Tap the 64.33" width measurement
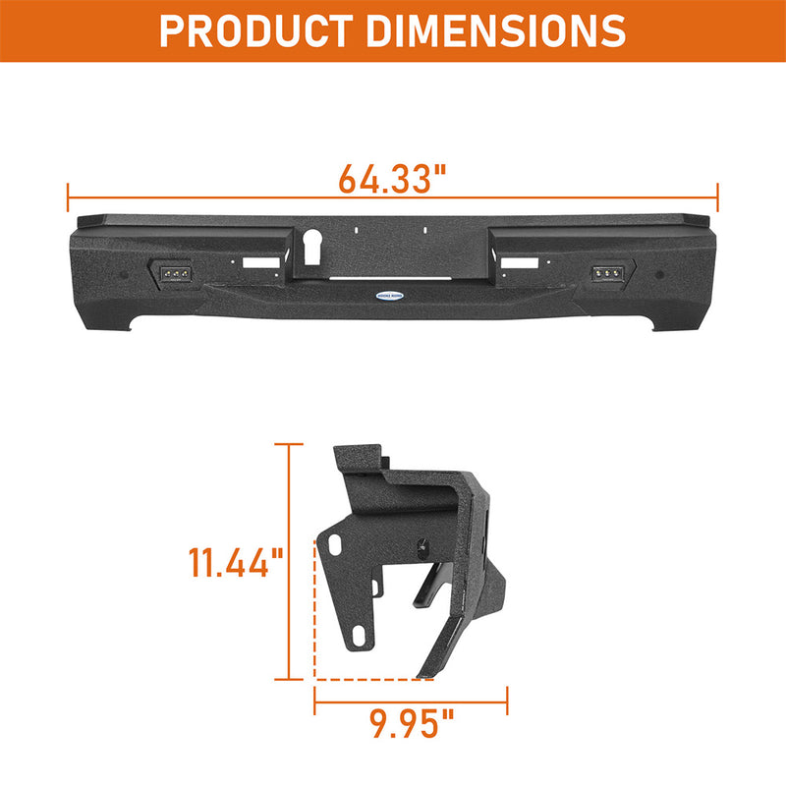pos(392,179)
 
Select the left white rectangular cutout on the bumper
pos(260,263)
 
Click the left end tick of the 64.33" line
pos(68,196)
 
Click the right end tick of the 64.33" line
pos(718,196)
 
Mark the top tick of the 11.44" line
pos(288,444)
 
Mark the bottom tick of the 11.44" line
pos(288,678)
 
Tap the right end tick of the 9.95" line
pos(507,701)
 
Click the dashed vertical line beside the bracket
pos(314,609)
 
